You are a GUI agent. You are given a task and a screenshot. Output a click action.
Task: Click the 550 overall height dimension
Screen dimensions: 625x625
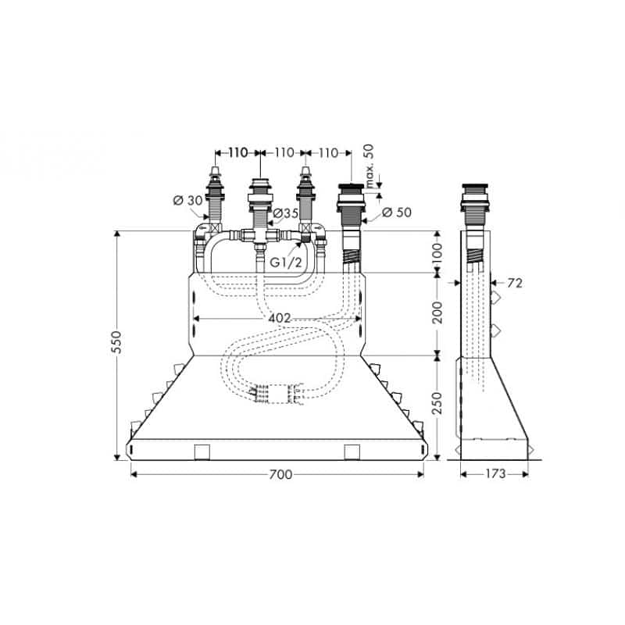[116, 342]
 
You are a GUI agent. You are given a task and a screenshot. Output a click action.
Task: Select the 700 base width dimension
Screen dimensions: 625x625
[280, 474]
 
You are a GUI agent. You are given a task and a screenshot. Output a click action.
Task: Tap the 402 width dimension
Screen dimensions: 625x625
[280, 319]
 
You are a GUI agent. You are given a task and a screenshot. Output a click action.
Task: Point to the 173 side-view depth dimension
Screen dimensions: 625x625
[495, 473]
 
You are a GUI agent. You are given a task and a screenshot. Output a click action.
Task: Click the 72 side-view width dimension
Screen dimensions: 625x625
[515, 283]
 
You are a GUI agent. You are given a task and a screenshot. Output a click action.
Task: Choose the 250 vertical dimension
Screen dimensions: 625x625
[437, 403]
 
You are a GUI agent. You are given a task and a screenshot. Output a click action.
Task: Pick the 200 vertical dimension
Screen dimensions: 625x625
[437, 312]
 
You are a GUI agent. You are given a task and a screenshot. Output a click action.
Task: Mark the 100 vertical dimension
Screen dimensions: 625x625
[437, 252]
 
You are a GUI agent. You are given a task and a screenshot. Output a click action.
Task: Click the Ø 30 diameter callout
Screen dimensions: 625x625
[188, 200]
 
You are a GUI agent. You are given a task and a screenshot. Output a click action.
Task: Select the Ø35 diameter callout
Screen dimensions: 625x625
[285, 213]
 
